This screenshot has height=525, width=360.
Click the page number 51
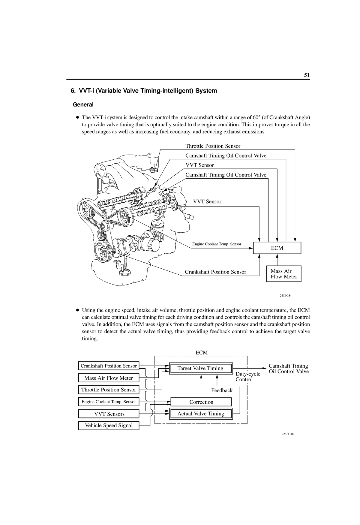point(307,75)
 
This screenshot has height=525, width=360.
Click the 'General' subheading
point(83,105)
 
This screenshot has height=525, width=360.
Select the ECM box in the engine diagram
point(277,248)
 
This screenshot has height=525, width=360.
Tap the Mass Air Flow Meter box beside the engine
point(283,274)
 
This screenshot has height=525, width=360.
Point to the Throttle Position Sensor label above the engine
point(213,146)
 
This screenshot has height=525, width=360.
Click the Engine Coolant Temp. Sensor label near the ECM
point(217,244)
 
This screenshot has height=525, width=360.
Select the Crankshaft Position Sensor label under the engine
point(215,272)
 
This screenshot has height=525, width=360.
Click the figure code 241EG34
point(286,295)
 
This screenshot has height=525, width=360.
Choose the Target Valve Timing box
point(200,368)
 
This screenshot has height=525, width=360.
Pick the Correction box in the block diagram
point(201,402)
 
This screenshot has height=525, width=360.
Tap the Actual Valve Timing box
point(201,414)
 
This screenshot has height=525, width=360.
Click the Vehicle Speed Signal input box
point(109,425)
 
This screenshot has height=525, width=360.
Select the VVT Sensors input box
point(109,414)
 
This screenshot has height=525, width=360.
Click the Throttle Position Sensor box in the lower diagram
point(109,390)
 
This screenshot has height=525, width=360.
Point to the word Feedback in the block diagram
point(222,390)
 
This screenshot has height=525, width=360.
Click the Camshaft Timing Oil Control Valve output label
point(288,369)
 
